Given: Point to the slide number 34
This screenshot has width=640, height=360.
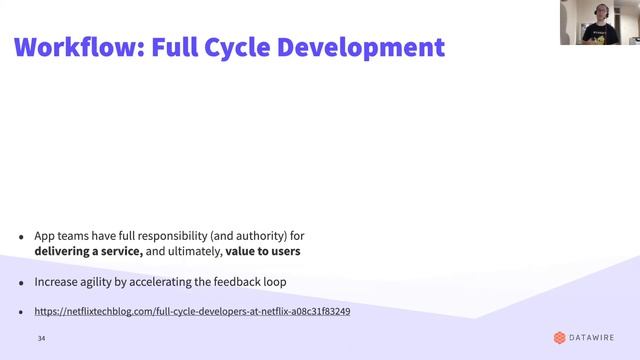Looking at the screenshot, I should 42,340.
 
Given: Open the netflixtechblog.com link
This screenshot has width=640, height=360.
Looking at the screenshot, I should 192,312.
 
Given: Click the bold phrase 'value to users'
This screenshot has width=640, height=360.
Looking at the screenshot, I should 263,251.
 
